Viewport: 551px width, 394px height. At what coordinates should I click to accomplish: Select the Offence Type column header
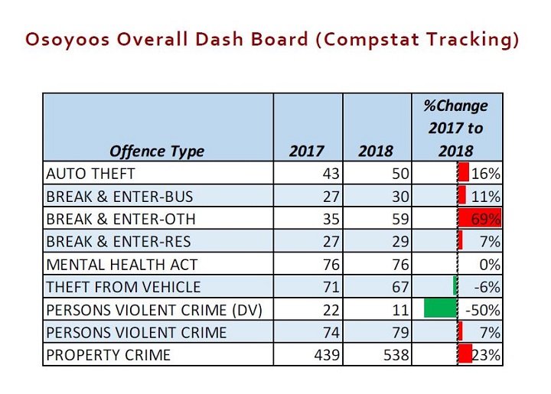pos(157,151)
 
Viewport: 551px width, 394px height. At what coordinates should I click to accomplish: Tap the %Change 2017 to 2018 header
pos(456,128)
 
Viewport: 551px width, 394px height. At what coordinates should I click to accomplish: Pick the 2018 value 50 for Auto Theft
pos(400,174)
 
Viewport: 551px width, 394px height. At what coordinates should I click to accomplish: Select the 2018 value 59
pos(400,220)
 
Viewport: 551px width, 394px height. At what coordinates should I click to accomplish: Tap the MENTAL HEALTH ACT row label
pos(122,265)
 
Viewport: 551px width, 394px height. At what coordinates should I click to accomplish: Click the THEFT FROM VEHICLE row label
pos(123,288)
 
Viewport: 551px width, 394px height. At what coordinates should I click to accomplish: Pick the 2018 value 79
pos(400,333)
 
